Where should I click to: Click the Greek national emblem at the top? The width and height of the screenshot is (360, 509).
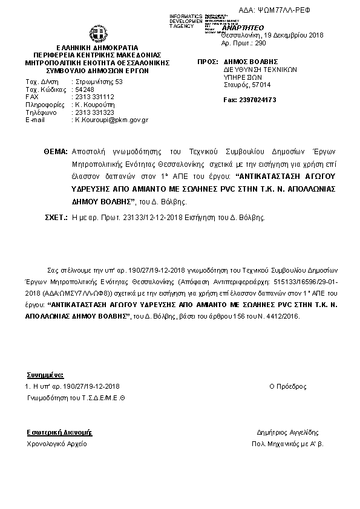coord(97,33)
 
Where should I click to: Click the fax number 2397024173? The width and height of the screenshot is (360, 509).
coord(249,99)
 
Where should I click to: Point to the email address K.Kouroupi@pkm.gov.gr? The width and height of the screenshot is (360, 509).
coord(111,120)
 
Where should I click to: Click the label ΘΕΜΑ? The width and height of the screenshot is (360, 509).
coord(56,151)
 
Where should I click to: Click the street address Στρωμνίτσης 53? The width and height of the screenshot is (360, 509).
coord(98,81)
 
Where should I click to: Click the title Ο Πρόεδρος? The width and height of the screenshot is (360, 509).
coord(287,386)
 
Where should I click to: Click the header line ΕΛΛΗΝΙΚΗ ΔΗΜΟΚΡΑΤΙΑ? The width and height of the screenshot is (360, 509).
coord(97,47)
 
